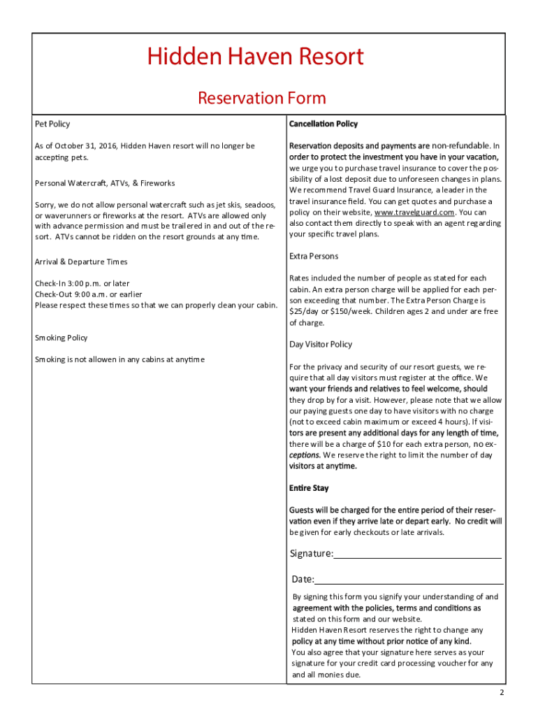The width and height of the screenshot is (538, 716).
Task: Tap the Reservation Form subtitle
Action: [x=262, y=98]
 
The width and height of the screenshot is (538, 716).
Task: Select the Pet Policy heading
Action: [x=52, y=124]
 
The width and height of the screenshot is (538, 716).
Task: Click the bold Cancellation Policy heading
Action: [x=323, y=124]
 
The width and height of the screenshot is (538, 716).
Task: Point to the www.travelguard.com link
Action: [x=415, y=213]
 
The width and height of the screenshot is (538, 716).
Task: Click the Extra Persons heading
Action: [x=314, y=257]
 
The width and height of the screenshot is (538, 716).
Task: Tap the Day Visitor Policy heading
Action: [x=321, y=345]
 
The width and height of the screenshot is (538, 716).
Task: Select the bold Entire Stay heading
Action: [x=309, y=488]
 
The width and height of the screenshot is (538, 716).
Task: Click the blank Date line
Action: [x=409, y=580]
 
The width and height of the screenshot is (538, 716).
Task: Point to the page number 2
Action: [x=501, y=692]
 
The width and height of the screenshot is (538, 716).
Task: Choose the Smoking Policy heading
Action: [x=61, y=338]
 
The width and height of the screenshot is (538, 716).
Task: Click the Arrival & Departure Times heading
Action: [x=80, y=262]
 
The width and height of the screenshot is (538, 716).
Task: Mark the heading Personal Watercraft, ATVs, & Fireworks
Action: [x=105, y=183]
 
